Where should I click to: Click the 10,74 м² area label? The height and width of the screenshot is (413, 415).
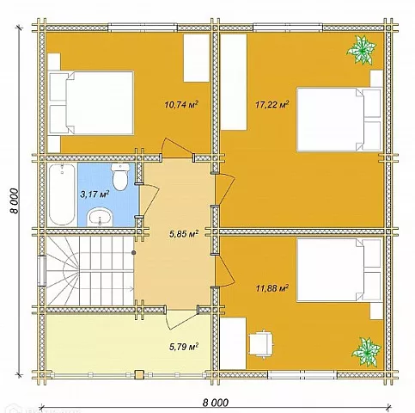[x=181, y=104]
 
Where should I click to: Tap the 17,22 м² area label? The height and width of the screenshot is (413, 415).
[x=272, y=104]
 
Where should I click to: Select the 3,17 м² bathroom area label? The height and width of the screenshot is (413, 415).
[x=95, y=194]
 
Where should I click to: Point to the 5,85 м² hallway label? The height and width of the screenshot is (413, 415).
[x=184, y=234]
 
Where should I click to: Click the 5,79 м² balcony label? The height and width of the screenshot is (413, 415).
[x=184, y=347]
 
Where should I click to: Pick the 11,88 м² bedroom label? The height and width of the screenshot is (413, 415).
[x=272, y=288]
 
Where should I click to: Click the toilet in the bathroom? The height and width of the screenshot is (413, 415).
[x=120, y=177]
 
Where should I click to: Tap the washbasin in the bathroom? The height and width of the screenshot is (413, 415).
[x=100, y=217]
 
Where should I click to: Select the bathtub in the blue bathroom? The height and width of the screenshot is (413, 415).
[x=62, y=194]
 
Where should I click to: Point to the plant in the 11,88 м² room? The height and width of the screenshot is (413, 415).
[x=366, y=352]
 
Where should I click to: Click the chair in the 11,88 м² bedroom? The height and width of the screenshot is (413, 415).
[x=261, y=343]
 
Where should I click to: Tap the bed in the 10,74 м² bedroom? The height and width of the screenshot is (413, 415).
[x=91, y=103]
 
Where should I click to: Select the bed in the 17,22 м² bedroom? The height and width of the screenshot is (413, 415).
[x=339, y=120]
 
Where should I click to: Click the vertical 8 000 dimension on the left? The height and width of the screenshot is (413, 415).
[x=14, y=200]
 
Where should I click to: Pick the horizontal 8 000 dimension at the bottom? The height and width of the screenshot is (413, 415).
[x=216, y=403]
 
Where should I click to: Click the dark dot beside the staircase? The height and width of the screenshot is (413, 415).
[x=134, y=252]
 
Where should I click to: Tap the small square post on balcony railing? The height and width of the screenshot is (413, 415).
[x=139, y=374]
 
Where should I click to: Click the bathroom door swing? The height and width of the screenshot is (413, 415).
[x=150, y=200]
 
